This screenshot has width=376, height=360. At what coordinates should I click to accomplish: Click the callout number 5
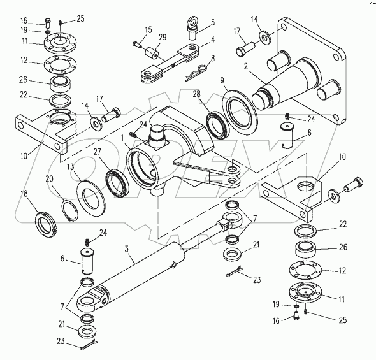(213, 22)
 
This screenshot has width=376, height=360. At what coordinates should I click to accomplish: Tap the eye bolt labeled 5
(192, 28)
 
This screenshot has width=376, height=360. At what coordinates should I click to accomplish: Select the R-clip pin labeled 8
(196, 73)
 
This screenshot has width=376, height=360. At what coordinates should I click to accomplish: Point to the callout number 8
(212, 58)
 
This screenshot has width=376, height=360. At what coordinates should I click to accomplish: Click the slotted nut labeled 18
(45, 222)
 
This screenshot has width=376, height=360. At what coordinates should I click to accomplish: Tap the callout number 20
(50, 179)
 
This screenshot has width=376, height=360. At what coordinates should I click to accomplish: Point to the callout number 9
(222, 81)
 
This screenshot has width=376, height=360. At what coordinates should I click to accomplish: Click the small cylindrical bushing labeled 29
(151, 54)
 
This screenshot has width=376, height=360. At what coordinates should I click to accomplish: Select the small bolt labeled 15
(136, 44)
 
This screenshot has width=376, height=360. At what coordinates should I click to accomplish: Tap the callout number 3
(127, 249)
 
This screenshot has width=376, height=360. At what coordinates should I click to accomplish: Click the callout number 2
(245, 66)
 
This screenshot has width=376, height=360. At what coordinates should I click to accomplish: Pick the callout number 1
(122, 138)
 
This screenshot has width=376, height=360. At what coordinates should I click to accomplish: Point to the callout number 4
(212, 40)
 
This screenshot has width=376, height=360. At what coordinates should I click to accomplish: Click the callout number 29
(163, 38)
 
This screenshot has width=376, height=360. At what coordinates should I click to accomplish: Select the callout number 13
(71, 167)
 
